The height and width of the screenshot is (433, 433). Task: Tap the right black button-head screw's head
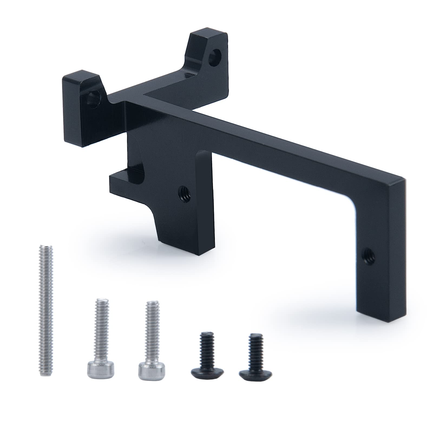click(255, 375)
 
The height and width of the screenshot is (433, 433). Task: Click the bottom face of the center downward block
click(200, 252)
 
